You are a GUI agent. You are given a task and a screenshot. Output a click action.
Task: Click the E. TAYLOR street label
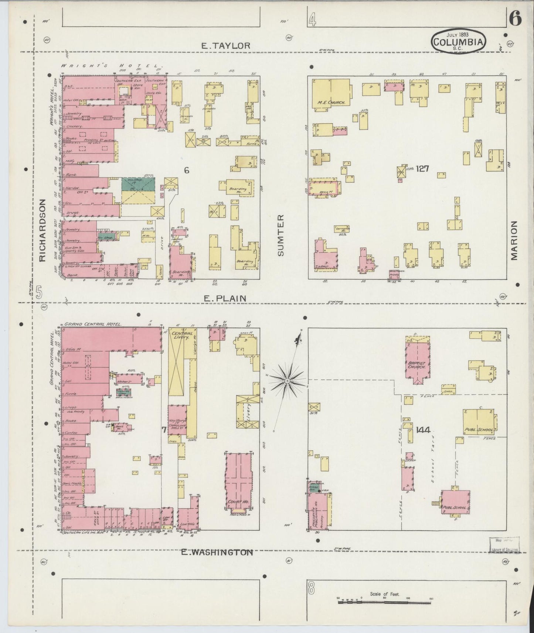tap(225, 45)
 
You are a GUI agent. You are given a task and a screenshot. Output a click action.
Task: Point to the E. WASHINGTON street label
tap(217, 552)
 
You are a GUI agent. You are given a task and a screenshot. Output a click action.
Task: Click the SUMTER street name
tap(281, 235)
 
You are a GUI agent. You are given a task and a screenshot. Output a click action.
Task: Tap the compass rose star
tap(287, 379)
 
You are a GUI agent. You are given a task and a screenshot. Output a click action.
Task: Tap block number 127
tap(422, 169)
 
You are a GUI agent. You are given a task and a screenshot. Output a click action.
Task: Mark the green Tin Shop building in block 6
tap(138, 184)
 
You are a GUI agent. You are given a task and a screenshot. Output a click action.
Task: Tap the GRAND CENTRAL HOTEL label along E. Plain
tap(93, 324)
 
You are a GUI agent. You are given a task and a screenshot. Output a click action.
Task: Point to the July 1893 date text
tap(458, 34)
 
